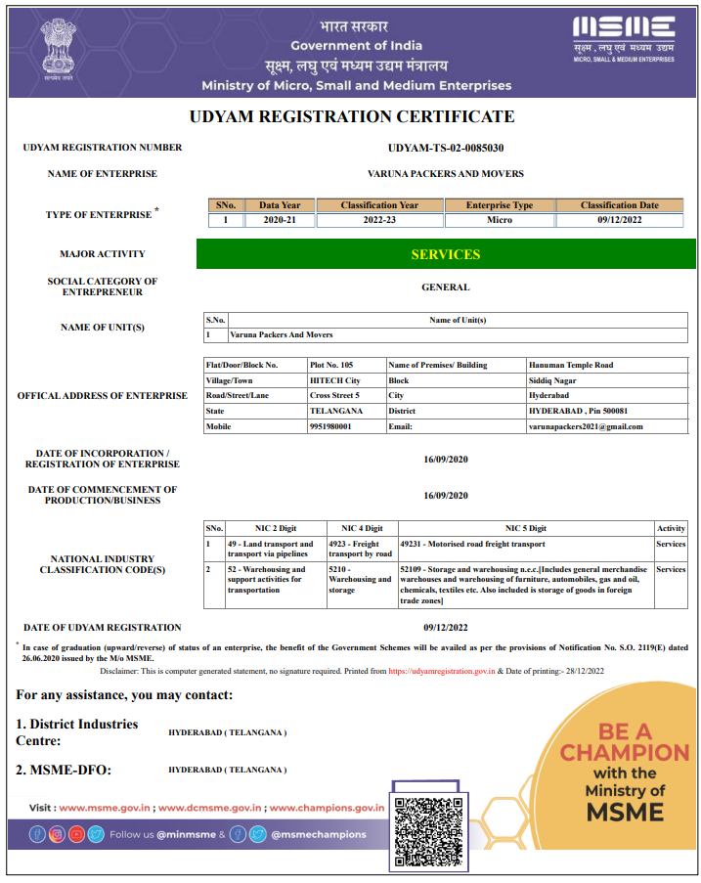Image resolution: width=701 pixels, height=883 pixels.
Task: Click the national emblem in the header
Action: pos(63,51)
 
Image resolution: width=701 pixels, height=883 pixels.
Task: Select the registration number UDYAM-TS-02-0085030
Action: pos(446,148)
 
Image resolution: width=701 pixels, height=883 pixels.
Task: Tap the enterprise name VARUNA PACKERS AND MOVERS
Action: pos(446,174)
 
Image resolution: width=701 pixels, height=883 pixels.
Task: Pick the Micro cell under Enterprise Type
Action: pos(499,220)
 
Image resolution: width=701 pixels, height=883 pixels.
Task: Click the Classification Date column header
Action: pos(620,205)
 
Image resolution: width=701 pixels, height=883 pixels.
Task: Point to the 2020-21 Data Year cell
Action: pos(280,220)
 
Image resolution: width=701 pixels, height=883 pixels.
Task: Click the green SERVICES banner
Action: pos(445,254)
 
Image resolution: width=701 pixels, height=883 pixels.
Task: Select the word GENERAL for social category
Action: pos(446,287)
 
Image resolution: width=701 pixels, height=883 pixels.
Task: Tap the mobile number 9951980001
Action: pos(329,426)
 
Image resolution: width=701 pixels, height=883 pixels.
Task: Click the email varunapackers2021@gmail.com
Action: pos(585,426)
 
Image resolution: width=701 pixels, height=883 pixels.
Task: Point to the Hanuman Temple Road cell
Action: pos(571,365)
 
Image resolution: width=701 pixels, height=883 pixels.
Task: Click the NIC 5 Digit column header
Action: pos(526,528)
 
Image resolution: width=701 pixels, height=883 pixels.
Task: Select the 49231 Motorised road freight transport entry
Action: pos(473,544)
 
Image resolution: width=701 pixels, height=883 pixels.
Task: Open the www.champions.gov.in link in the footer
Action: pos(327,808)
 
